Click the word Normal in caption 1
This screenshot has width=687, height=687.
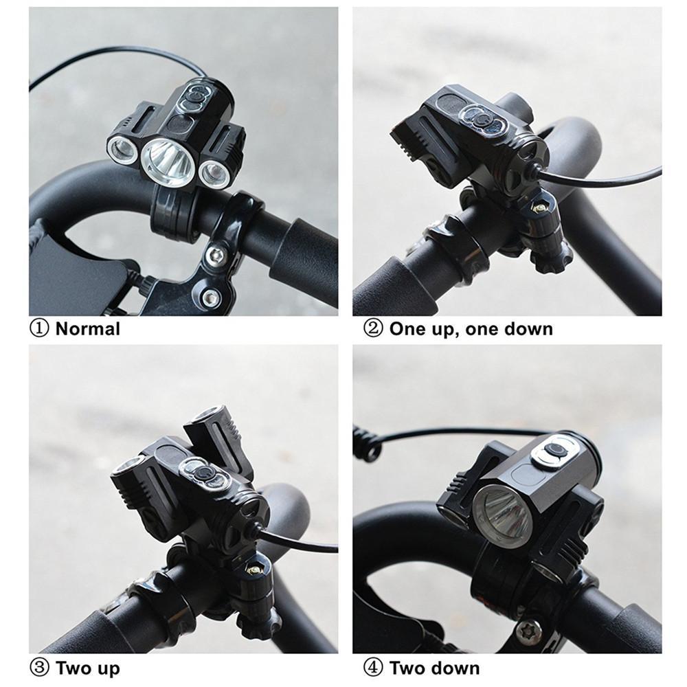87,328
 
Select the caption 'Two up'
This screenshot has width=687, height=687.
87,668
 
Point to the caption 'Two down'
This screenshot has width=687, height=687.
434,668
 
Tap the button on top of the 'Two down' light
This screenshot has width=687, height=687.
554,451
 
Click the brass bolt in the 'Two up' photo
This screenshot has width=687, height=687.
253,567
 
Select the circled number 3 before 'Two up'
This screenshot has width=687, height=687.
39,668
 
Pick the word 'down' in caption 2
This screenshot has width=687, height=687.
528,328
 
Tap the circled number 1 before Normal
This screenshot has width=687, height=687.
39,328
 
